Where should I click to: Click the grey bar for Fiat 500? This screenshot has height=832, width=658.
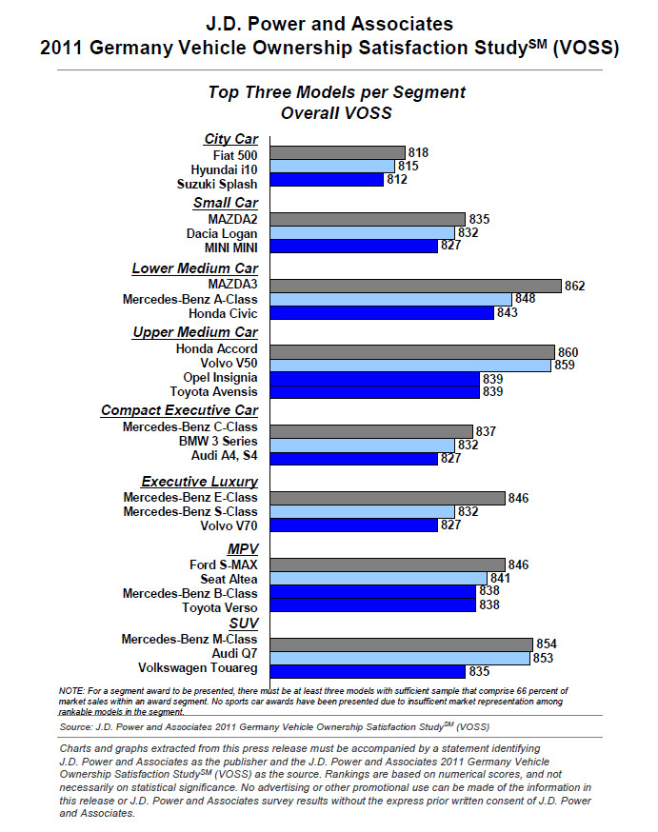337,153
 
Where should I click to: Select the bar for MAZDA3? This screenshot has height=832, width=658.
415,286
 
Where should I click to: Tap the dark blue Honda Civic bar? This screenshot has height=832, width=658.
382,313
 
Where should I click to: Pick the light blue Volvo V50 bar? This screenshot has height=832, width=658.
410,365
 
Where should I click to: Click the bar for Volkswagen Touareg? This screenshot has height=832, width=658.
368,672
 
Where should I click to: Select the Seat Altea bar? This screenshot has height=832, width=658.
378,579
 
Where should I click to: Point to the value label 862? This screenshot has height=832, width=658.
575,286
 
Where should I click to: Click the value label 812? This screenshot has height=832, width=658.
397,179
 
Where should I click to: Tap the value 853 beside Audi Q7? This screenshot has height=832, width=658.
543,658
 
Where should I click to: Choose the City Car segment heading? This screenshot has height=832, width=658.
230,139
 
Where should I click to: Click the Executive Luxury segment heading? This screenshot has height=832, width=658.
200,482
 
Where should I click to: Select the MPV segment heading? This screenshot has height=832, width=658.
243,549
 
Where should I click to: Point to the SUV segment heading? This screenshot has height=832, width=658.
244,624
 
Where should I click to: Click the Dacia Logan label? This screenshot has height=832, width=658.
222,234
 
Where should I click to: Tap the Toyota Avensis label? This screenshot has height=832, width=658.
214,391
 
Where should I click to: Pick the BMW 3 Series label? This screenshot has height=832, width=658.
218,442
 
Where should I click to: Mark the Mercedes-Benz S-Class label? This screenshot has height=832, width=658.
190,511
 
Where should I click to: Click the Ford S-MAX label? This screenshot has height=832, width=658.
224,565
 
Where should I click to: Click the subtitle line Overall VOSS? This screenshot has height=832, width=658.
336,113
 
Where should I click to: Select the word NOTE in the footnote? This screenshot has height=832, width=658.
71,691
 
